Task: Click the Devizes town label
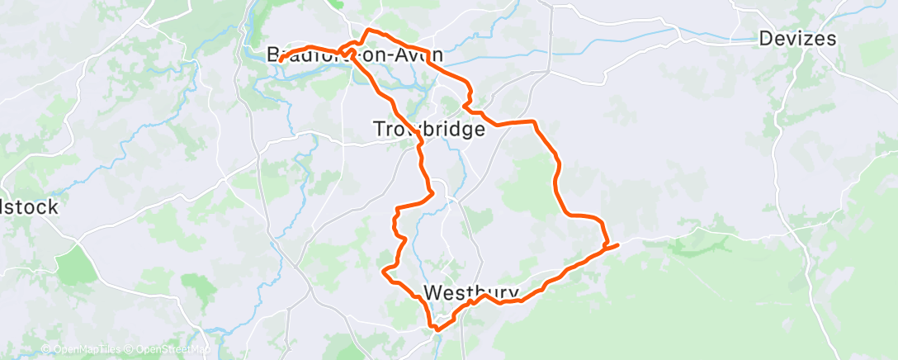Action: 796,39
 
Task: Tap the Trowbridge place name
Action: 428,130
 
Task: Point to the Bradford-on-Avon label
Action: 355,55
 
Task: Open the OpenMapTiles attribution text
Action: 79,349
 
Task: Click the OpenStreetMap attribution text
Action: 169,349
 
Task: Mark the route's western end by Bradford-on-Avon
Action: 280,60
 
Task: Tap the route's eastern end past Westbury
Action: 617,243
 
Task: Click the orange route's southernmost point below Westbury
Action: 436,329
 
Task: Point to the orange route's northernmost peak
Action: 367,30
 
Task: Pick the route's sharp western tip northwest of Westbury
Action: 383,270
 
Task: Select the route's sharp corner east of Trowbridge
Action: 536,122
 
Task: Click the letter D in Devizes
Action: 766,39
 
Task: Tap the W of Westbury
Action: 432,293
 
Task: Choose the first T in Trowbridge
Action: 380,130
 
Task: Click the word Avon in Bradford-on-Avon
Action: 420,55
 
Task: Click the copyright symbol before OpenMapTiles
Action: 45,349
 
